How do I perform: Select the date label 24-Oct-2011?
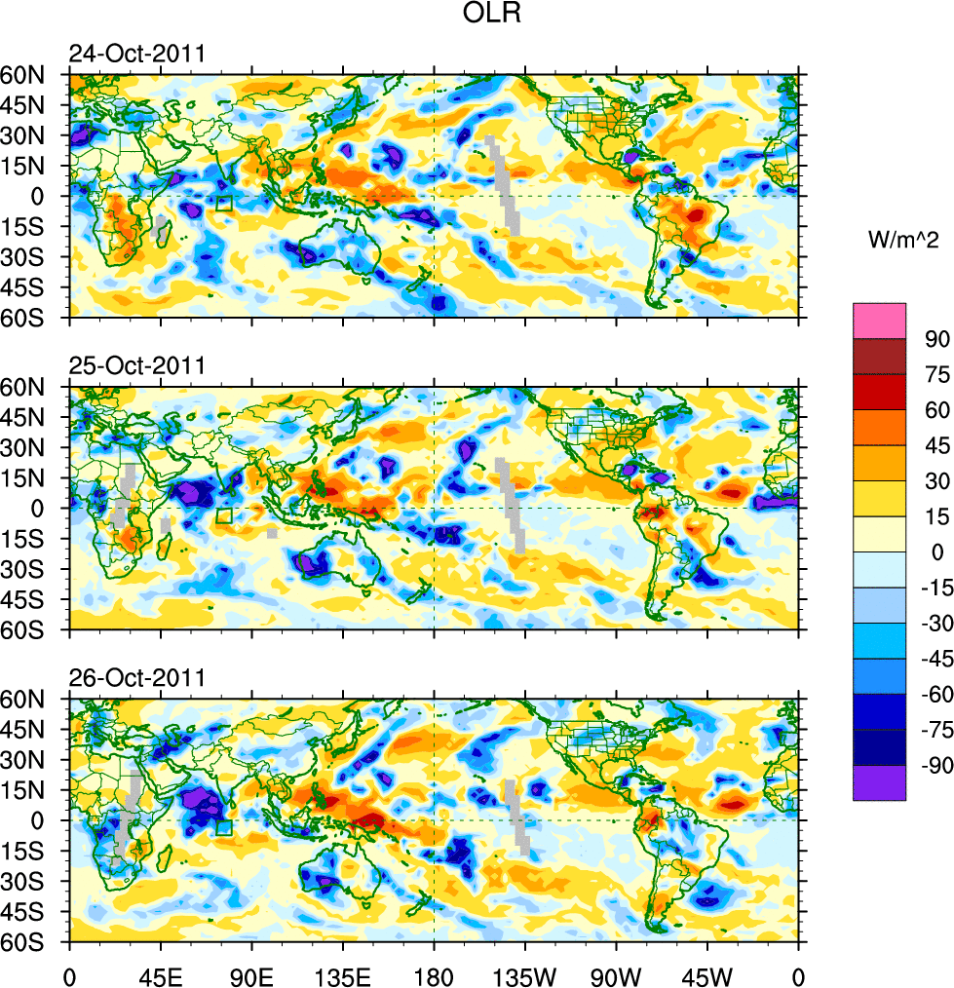(x=136, y=55)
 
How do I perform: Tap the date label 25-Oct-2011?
(x=136, y=366)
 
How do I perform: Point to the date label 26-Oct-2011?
(x=136, y=678)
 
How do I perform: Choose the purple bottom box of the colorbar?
(x=879, y=783)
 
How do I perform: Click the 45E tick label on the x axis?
(x=161, y=974)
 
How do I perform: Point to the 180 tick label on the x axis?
(x=434, y=974)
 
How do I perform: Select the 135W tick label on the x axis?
(x=525, y=974)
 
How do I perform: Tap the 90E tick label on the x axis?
(x=252, y=974)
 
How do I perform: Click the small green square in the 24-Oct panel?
(x=223, y=204)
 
